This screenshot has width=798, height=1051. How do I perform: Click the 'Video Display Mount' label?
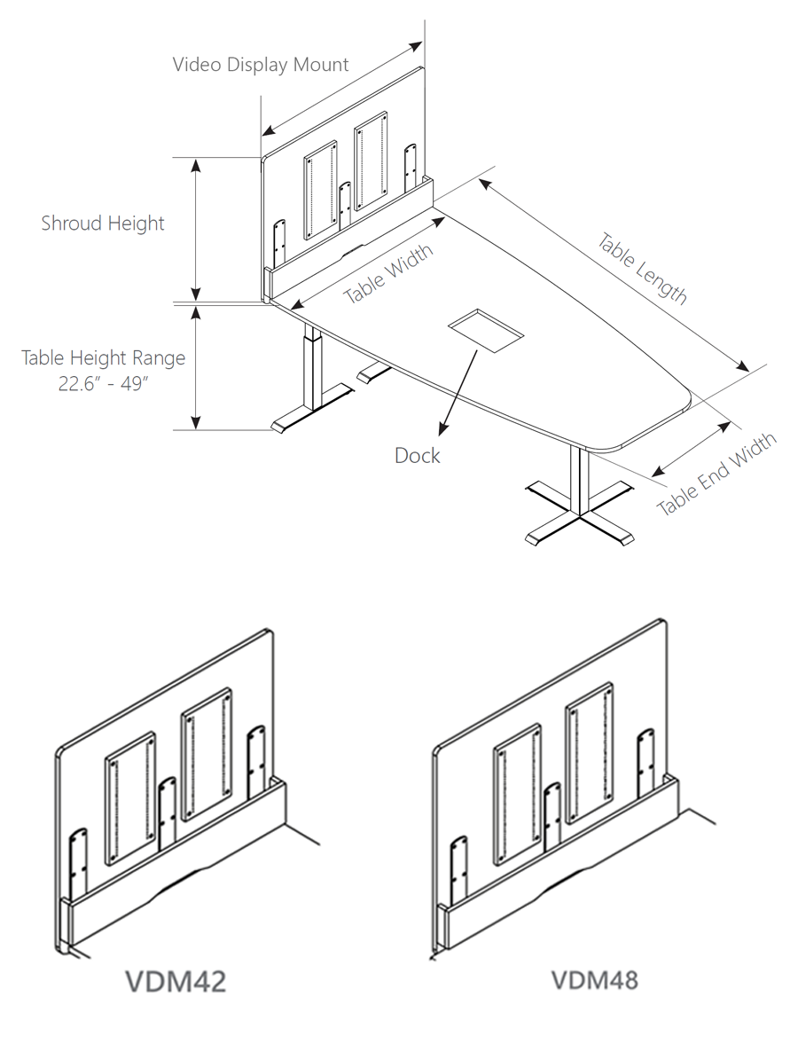coord(260,65)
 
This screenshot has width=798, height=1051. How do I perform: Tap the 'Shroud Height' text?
coord(103,223)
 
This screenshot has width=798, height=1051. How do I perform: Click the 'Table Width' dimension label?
coord(388,274)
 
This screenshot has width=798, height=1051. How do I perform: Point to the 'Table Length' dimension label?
coord(642,269)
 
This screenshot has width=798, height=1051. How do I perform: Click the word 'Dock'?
coord(417,456)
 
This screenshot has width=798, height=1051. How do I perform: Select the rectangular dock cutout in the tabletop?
coord(485,328)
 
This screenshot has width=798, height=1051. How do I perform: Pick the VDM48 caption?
coord(594,980)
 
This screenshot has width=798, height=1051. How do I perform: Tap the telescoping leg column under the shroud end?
coord(311,373)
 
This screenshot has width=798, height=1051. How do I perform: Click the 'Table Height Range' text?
coord(104,358)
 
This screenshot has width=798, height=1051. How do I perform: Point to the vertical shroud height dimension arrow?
coord(197,229)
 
